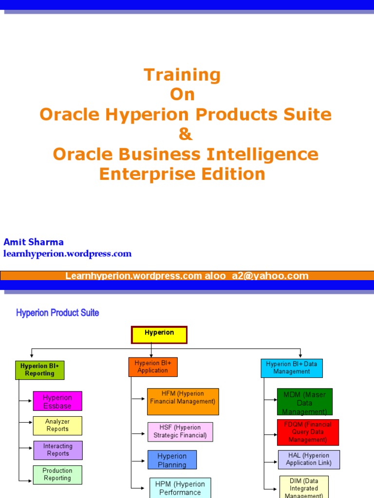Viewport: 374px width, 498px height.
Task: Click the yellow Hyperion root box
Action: point(159,335)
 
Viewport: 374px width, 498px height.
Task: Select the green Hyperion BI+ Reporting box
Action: point(40,370)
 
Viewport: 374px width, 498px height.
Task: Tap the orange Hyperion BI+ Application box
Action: point(153,367)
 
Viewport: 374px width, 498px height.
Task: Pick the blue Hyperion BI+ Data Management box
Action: point(292,368)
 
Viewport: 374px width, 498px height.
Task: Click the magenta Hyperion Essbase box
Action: point(57,401)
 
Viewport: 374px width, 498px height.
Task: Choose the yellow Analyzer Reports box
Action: point(57,426)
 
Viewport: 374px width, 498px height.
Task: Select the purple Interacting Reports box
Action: point(58,450)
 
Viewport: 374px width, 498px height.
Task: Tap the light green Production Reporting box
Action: point(57,475)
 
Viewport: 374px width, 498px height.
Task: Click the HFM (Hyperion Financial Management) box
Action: point(183,401)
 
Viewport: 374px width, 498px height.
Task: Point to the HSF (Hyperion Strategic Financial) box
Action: point(180,432)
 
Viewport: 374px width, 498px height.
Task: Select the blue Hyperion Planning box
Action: point(172,460)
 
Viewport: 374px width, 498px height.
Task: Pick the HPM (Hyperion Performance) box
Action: point(180,488)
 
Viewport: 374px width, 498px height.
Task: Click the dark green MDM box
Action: point(305,402)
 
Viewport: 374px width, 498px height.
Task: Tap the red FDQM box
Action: point(308,432)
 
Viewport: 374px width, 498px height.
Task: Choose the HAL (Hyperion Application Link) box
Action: point(309,460)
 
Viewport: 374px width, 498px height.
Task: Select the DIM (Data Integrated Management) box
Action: point(304,487)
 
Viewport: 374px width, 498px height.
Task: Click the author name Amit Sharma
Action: point(34,242)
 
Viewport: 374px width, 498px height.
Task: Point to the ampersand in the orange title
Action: point(186,134)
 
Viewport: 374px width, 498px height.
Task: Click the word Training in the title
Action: point(182,75)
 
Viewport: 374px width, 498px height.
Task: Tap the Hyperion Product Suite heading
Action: point(57,313)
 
